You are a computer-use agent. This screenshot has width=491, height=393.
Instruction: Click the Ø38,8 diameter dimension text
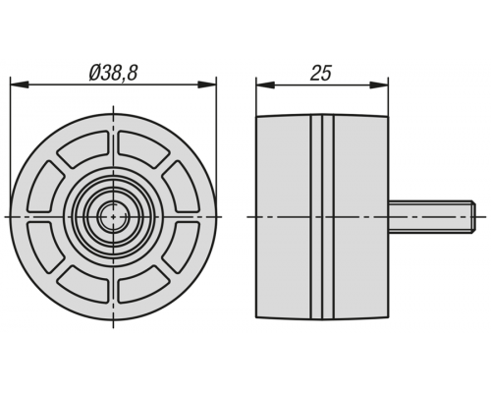[113, 73]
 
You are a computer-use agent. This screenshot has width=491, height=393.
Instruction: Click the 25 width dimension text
[321, 73]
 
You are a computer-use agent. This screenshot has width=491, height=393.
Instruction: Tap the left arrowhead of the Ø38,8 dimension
[19, 84]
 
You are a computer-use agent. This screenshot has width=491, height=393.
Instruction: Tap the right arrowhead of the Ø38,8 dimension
[207, 84]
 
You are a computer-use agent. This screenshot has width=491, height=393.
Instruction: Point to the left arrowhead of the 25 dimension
[265, 84]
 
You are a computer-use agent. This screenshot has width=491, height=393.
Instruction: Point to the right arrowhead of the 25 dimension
[379, 84]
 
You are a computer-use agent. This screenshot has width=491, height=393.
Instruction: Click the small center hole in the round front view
[113, 216]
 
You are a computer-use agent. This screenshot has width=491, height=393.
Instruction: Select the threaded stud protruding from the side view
[431, 217]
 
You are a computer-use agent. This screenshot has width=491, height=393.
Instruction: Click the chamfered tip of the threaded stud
[472, 217]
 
